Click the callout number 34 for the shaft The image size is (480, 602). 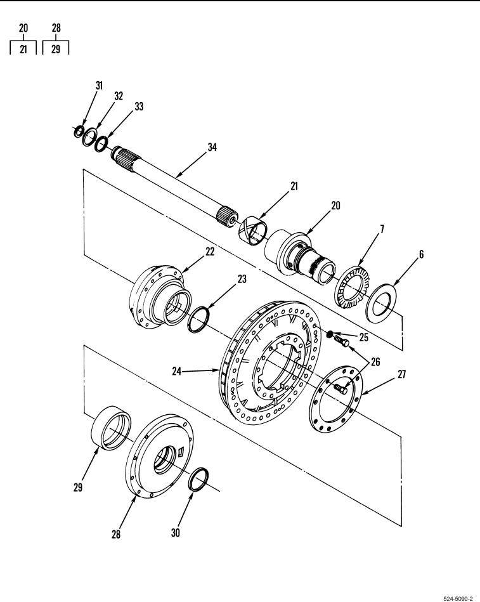point(212,147)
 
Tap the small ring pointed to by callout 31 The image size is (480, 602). point(78,132)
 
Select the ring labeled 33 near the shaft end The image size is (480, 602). point(101,144)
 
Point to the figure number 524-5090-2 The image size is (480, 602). point(458,598)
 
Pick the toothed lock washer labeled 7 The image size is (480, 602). point(351,287)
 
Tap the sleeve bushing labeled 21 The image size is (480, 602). point(253,231)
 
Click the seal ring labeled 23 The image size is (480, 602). point(198,320)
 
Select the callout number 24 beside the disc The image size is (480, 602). point(176,371)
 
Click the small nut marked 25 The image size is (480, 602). point(330,334)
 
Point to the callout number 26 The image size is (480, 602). point(375,362)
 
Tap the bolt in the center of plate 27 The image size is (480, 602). point(341,389)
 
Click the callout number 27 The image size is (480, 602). point(401,374)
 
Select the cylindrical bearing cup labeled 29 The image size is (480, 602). point(111,428)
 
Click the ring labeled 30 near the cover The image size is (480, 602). point(198,480)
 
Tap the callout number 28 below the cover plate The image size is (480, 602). point(116,534)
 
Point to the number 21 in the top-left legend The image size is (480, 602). point(23,49)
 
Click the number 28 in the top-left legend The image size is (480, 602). point(56,28)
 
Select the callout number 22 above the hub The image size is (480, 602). point(210,251)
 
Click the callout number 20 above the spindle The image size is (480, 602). point(335,206)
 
